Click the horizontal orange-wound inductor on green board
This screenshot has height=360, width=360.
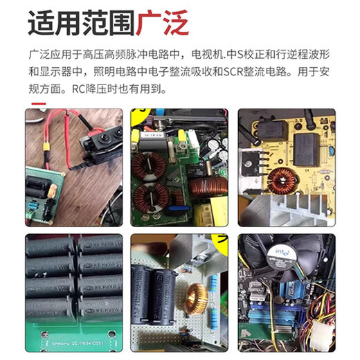coord(207,186)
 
